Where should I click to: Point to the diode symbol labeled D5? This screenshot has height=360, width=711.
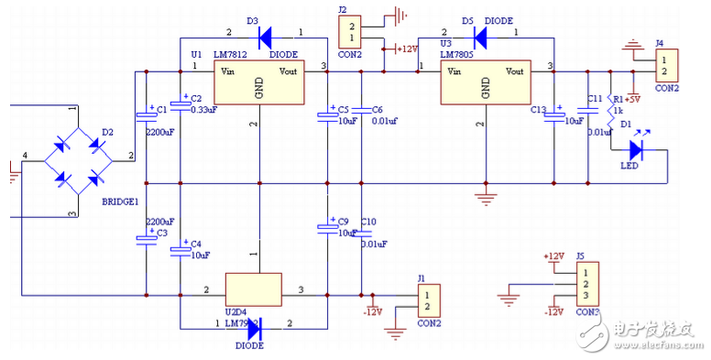click(x=484, y=38)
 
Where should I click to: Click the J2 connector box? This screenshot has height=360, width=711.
click(x=351, y=32)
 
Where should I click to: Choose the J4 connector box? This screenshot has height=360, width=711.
click(x=667, y=64)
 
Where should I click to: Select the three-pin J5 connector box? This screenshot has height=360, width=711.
click(x=586, y=286)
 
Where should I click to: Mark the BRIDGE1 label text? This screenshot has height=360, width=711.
click(x=120, y=202)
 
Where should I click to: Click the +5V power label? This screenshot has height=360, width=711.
click(x=633, y=98)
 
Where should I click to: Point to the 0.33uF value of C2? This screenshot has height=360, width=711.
click(x=203, y=110)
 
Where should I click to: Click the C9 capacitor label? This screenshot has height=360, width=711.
click(x=344, y=222)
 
